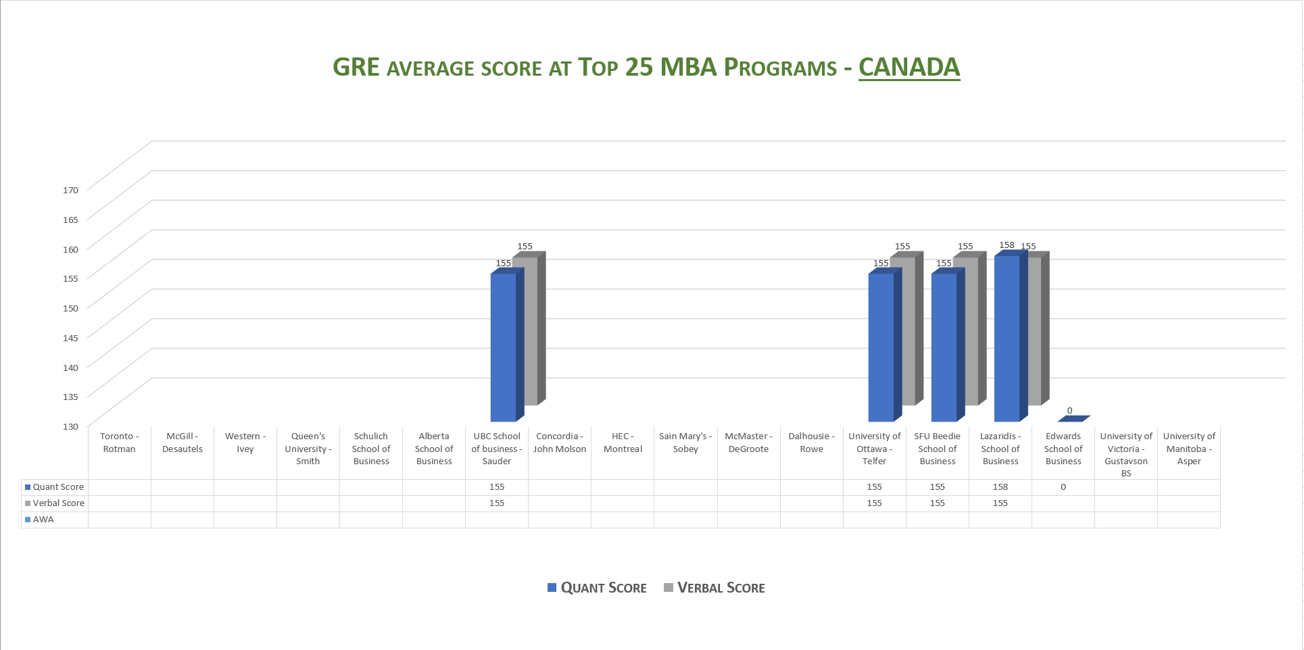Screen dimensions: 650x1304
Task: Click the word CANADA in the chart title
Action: [909, 67]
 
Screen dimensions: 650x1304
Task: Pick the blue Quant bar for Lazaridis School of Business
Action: [1007, 338]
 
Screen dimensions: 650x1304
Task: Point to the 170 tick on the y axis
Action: [71, 190]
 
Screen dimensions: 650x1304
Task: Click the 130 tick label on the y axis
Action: [71, 426]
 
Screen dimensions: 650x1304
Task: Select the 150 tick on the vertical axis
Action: [71, 308]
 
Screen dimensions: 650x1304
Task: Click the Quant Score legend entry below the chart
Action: [597, 588]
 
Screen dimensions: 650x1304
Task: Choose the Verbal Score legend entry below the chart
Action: [715, 588]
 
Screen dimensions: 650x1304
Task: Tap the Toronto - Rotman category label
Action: [119, 443]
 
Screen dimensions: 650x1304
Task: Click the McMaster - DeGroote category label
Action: [748, 443]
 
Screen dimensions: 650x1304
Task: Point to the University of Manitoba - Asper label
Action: [1188, 449]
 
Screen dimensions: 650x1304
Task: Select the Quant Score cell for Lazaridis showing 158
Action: [1000, 487]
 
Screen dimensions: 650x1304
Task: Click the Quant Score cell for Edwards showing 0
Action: [1063, 487]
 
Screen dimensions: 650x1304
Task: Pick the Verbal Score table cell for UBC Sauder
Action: [497, 503]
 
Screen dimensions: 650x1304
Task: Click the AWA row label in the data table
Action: [43, 520]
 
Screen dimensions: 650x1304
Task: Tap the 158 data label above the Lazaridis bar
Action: [1007, 245]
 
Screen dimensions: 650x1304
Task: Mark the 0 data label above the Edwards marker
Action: [1069, 410]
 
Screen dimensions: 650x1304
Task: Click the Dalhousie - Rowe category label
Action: [811, 443]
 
